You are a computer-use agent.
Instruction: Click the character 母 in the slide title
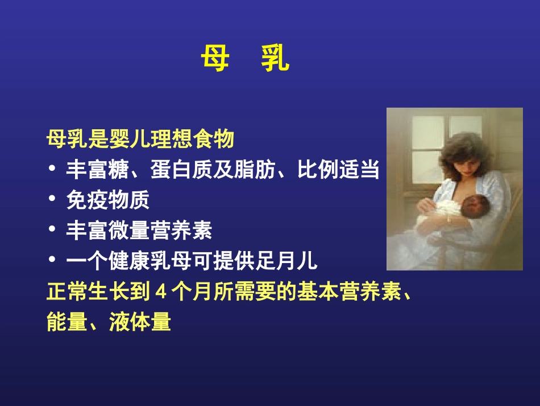tap(215, 60)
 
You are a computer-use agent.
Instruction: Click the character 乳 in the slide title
tap(275, 60)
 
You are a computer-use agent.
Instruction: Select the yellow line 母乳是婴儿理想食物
tap(140, 138)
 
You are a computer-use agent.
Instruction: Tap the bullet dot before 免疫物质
tap(53, 200)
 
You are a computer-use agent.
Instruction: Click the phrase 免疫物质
tap(108, 200)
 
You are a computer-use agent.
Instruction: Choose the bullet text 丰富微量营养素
tap(139, 231)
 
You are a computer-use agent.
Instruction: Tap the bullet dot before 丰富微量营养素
tap(53, 231)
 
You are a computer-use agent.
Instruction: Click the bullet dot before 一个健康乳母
tap(53, 261)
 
